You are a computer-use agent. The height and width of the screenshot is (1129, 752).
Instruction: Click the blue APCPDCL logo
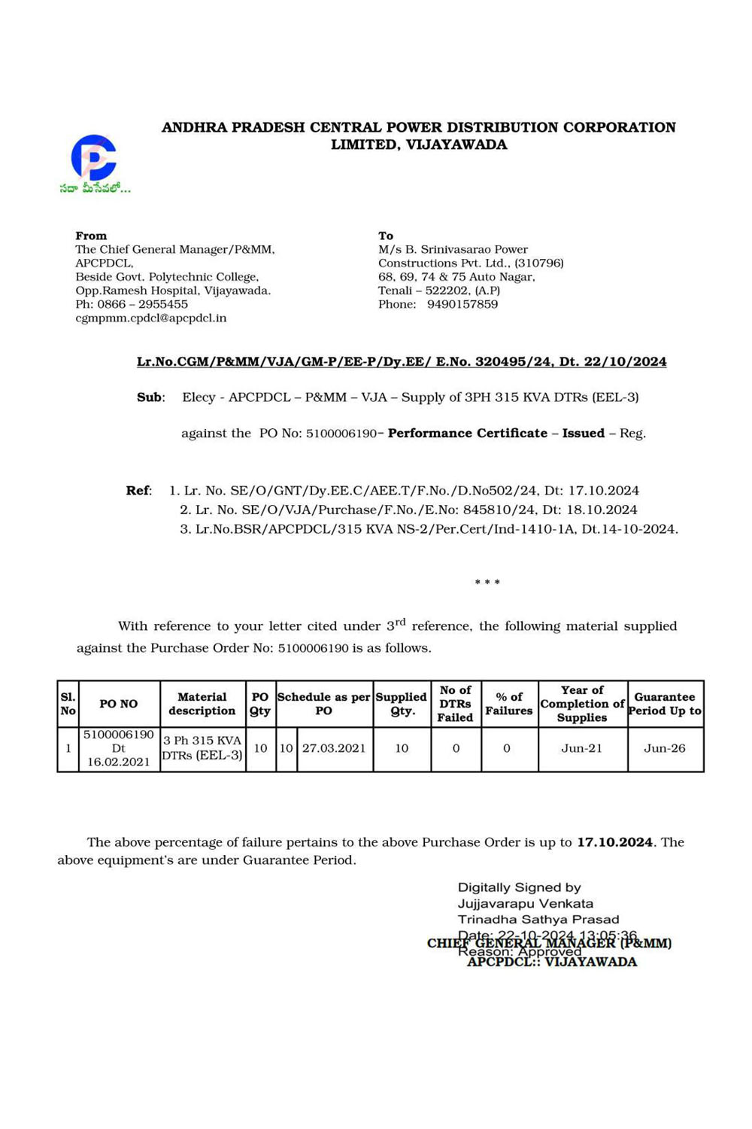coord(94,157)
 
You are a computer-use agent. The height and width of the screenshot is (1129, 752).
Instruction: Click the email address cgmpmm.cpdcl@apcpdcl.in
coord(150,318)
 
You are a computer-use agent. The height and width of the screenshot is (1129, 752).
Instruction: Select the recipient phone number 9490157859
coord(462,305)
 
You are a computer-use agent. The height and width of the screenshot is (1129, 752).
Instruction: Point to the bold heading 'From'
coord(91,236)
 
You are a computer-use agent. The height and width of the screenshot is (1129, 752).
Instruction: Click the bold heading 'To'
coord(386,236)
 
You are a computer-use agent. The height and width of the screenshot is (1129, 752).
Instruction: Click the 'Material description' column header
coord(202,704)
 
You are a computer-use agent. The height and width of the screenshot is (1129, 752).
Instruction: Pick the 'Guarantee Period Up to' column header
coord(665,704)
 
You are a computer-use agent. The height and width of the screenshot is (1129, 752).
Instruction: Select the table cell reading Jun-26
coord(665,748)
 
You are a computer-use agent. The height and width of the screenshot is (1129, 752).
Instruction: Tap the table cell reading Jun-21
coord(582,748)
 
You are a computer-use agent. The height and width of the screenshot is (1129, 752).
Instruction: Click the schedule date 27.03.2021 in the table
coord(334,748)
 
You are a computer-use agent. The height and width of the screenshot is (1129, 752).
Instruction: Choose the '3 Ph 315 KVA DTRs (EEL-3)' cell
coord(202,748)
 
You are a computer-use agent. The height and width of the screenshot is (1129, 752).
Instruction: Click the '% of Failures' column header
coord(509,704)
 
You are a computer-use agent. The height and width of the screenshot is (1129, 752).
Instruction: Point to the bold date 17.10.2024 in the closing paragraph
coord(614,842)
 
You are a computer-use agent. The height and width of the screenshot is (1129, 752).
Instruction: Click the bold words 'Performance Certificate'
coord(467,434)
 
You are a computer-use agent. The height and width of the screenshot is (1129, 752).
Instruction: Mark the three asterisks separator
coord(487,583)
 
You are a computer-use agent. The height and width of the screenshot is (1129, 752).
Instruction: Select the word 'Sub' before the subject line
coord(149,397)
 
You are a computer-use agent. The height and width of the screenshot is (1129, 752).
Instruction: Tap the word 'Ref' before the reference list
coord(138,491)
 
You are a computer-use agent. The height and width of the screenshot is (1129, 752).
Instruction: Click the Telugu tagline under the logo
coord(95,188)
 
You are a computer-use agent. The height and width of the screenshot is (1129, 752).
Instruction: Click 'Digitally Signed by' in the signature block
coord(519,888)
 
